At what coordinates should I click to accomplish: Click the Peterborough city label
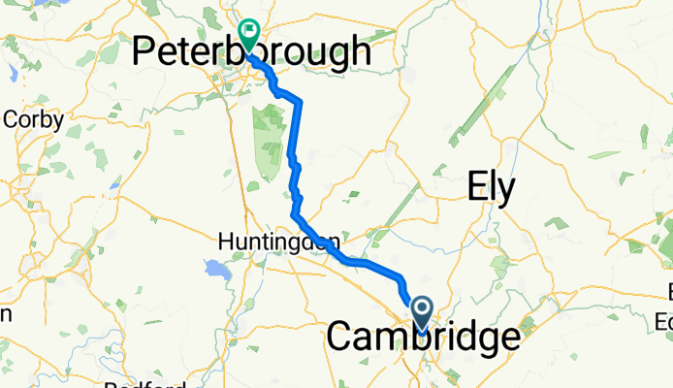(x=251, y=52)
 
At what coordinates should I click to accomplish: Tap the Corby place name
(x=34, y=120)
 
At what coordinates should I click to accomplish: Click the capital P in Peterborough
(x=144, y=52)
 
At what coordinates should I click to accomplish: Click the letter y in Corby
(x=59, y=122)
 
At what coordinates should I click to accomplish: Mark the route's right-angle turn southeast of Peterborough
(x=299, y=101)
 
